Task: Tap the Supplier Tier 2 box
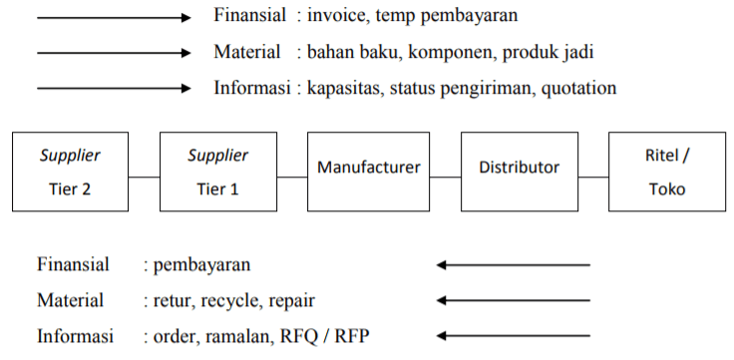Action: click(x=70, y=171)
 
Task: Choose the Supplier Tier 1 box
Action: click(x=218, y=171)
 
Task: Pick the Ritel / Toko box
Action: click(x=667, y=171)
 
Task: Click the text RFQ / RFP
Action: click(x=321, y=335)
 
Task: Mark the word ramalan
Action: click(x=237, y=335)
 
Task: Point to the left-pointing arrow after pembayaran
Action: click(x=513, y=264)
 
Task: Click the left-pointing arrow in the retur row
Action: click(x=513, y=299)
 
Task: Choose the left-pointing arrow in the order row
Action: click(x=513, y=335)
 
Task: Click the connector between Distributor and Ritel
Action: click(x=593, y=178)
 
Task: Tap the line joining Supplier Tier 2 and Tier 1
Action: click(x=145, y=178)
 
